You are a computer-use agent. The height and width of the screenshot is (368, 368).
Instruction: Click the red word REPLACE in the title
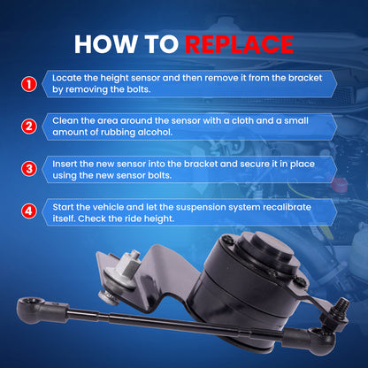pyautogui.click(x=239, y=44)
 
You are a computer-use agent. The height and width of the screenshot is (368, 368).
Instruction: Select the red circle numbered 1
pyautogui.click(x=29, y=84)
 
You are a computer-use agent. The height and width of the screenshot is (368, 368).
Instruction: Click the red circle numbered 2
pyautogui.click(x=29, y=126)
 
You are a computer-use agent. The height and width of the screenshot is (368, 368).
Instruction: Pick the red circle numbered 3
pyautogui.click(x=29, y=169)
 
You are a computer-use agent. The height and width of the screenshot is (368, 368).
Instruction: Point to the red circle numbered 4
pyautogui.click(x=29, y=211)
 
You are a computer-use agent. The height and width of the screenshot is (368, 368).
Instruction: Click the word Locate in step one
pyautogui.click(x=67, y=78)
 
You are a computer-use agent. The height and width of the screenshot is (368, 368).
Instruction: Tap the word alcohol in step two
pyautogui.click(x=155, y=132)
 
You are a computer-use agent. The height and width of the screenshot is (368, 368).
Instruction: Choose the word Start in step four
pyautogui.click(x=63, y=207)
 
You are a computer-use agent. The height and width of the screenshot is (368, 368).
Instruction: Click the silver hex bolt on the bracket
pyautogui.click(x=126, y=269)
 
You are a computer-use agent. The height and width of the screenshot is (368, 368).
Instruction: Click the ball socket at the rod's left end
pyautogui.click(x=30, y=310)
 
